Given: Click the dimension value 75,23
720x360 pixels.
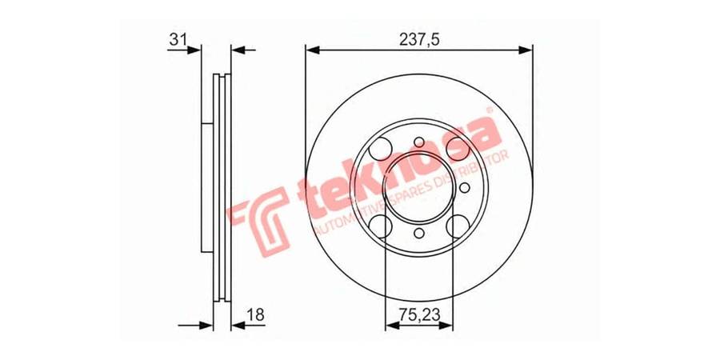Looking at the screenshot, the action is click(x=419, y=314).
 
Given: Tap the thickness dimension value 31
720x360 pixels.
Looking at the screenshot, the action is click(x=178, y=39).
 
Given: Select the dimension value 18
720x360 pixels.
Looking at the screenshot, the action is click(x=256, y=314).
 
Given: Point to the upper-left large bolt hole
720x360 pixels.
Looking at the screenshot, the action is click(x=381, y=149).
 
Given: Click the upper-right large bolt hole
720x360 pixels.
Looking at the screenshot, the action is click(x=458, y=149).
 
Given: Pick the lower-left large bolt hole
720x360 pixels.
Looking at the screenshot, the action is click(x=381, y=226).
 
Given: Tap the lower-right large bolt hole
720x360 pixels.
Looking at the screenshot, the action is click(x=458, y=226).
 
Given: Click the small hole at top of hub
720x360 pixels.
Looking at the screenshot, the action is click(x=419, y=142).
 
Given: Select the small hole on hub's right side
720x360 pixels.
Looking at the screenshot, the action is click(x=465, y=187).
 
